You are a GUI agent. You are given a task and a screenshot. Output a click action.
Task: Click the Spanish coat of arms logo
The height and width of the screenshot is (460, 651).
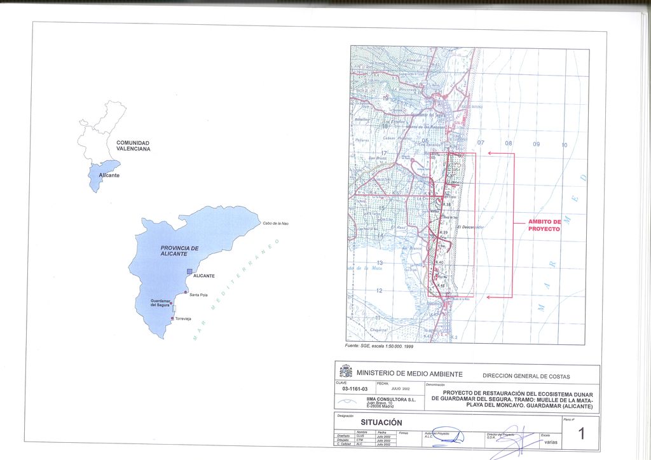pyautogui.click(x=346, y=371)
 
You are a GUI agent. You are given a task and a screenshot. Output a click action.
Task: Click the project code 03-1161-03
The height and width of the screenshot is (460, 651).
pyautogui.click(x=355, y=388)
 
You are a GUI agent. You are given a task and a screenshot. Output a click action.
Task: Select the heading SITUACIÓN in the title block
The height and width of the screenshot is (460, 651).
pyautogui.click(x=381, y=423)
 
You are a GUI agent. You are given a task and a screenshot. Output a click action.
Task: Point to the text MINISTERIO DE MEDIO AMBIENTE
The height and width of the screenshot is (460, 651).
pyautogui.click(x=409, y=374)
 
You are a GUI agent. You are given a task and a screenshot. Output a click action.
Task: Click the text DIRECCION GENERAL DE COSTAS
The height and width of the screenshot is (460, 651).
pyautogui.click(x=526, y=376)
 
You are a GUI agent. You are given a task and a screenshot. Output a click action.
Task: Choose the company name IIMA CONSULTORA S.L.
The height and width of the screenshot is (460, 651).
pyautogui.click(x=391, y=399)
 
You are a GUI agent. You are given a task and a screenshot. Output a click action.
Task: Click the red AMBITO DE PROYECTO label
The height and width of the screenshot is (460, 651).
pyautogui.click(x=544, y=225)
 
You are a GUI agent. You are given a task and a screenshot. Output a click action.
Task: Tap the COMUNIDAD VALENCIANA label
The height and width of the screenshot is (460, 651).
pyautogui.click(x=133, y=145)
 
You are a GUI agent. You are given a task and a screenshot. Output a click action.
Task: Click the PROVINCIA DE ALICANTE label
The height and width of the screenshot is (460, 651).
pyautogui.click(x=179, y=251)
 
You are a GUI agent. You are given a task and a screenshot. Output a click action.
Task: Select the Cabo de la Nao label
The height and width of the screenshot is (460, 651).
pyautogui.click(x=276, y=223)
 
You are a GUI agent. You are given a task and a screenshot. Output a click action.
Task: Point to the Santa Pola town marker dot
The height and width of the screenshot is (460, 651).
pyautogui.click(x=186, y=292)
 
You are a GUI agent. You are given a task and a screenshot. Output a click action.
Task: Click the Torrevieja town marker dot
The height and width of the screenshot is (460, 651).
pyautogui.click(x=172, y=318)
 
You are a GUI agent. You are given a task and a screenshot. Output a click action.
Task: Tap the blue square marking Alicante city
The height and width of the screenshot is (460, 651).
pyautogui.click(x=189, y=271)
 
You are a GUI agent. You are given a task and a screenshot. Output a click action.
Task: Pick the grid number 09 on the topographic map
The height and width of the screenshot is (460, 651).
pyautogui.click(x=536, y=144)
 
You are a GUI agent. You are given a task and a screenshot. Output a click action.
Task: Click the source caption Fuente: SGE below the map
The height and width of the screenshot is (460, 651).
pyautogui.click(x=378, y=346)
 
